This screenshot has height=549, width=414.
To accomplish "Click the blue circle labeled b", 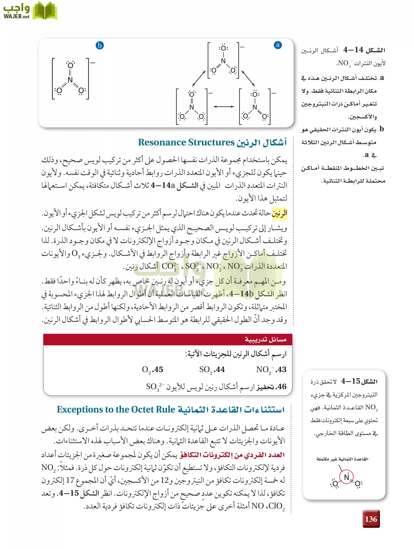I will point(100,45).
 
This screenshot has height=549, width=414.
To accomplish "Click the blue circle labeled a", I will point(277,45).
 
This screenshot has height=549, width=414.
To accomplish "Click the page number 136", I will point(371,519).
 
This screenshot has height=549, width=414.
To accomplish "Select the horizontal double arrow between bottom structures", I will point(223,106).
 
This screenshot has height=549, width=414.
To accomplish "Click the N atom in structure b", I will point(70,80).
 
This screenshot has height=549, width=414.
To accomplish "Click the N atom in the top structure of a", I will point(223,61).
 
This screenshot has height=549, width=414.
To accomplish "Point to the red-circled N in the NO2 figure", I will point(347,477).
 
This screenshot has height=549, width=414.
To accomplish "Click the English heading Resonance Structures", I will point(186,142).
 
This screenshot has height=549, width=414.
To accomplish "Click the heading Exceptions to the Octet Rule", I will point(116,410).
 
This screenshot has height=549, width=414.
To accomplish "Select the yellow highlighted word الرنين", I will point(279,213).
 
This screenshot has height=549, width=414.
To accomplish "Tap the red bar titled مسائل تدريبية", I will point(168,339).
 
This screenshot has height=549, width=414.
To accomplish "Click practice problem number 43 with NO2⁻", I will point(271,370).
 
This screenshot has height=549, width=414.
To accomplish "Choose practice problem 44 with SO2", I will point(212,370).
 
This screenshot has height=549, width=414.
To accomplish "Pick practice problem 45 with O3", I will point(152,370).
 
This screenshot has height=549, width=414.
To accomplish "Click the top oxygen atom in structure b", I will point(70,65).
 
